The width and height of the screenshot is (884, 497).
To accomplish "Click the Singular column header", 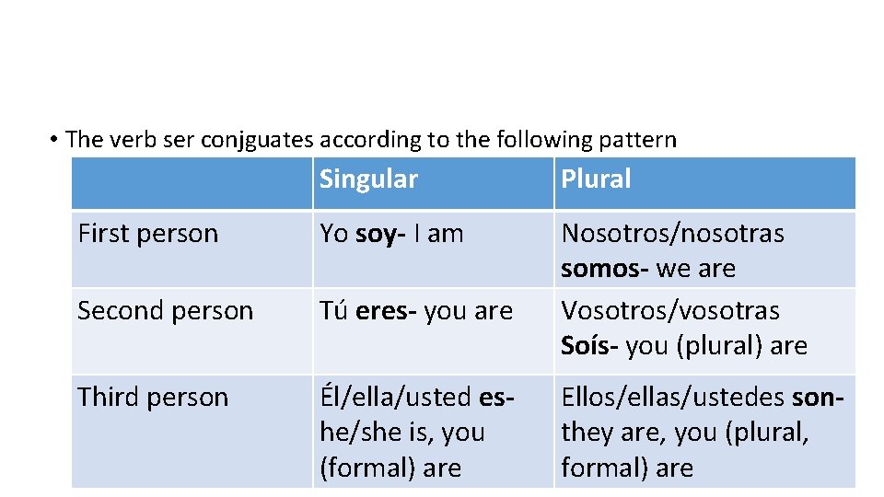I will tap(368, 179).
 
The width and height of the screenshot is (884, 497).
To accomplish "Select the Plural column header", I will tap(596, 179).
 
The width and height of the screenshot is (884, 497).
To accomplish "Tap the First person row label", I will tap(148, 234).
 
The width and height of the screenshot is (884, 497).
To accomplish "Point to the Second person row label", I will tap(165, 311).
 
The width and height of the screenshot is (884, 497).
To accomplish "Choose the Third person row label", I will tap(153, 398).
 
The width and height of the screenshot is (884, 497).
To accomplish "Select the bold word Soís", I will tap(589, 346).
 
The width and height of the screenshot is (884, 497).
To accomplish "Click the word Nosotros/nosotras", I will tap(672, 234).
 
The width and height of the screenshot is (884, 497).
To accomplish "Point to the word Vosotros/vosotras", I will tap(670, 311).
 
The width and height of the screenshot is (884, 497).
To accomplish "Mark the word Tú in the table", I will tap(332, 311).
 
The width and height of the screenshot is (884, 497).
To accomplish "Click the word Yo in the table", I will tap(333, 234).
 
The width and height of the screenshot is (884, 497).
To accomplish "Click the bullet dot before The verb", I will tap(55, 140).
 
